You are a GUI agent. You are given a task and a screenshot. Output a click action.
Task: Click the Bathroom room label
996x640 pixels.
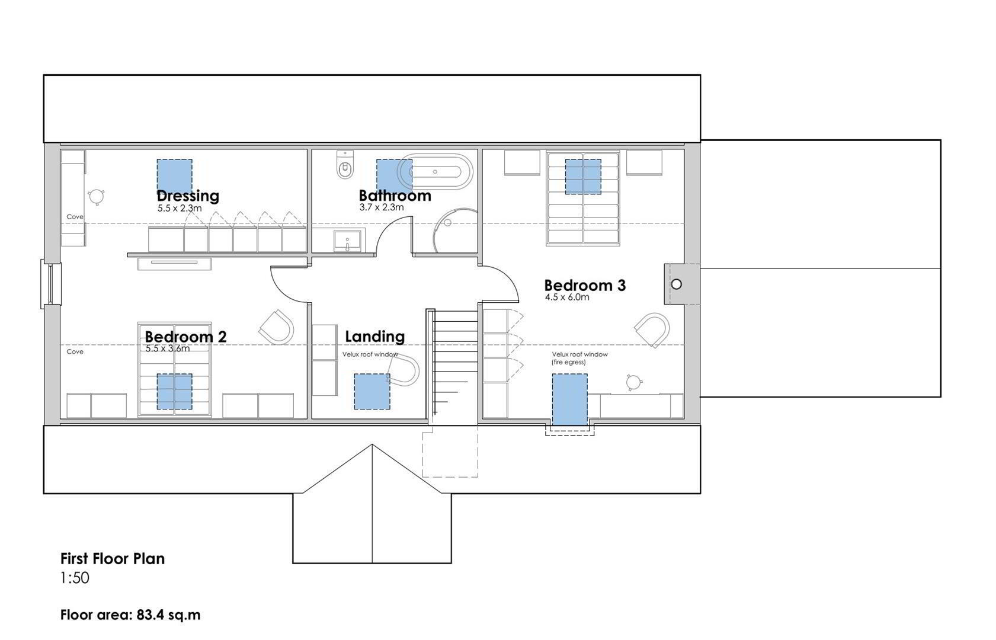pyautogui.click(x=395, y=196)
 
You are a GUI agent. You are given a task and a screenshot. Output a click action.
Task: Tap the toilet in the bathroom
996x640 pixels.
pyautogui.click(x=345, y=164)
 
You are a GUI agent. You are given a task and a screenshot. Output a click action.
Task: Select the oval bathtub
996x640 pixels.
pyautogui.click(x=435, y=172)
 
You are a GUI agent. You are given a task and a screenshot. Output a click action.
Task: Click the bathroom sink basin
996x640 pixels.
pyautogui.click(x=347, y=241)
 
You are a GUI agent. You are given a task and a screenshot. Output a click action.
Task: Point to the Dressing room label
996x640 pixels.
pyautogui.click(x=188, y=196)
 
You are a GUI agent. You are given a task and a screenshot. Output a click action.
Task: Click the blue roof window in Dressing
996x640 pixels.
pyautogui.click(x=175, y=175)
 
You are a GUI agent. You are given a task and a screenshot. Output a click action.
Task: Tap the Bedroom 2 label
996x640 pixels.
pyautogui.click(x=186, y=337)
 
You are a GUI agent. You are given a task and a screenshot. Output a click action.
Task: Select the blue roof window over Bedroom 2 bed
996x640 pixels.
pyautogui.click(x=174, y=391)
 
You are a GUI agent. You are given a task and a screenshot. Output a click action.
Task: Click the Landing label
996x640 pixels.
pyautogui.click(x=375, y=337)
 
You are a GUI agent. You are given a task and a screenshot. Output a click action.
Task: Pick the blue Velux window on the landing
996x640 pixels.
pyautogui.click(x=372, y=391)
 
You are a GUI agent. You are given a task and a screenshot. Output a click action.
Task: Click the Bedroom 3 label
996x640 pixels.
pyautogui.click(x=585, y=285)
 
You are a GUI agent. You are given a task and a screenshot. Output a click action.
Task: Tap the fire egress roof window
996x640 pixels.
pyautogui.click(x=569, y=399)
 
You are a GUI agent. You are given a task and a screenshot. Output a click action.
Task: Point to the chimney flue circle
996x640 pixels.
pyautogui.click(x=676, y=284)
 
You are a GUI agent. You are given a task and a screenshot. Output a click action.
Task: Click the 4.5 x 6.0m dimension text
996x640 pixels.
pyautogui.click(x=567, y=297)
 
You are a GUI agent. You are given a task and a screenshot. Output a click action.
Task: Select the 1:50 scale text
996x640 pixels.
pyautogui.click(x=75, y=578)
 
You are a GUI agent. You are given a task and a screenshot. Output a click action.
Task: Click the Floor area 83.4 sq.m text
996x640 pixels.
pyautogui.click(x=130, y=615)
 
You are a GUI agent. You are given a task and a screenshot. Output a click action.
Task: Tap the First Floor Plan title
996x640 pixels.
pyautogui.click(x=113, y=559)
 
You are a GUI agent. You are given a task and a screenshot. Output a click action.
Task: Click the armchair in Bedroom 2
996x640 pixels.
pyautogui.click(x=276, y=327)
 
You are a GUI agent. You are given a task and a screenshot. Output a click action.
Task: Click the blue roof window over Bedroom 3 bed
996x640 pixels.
pyautogui.click(x=584, y=177)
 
